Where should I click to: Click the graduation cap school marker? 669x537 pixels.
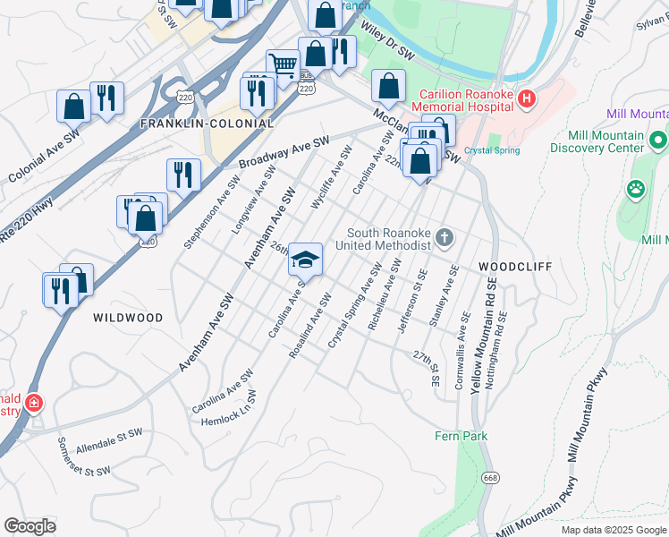click(x=305, y=260)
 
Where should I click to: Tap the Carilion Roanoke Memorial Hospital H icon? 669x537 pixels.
click(x=526, y=98)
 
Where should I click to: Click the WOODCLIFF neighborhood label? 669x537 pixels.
click(x=514, y=267)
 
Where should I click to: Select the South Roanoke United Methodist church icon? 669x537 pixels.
click(x=445, y=237)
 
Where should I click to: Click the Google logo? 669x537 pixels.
click(x=30, y=525)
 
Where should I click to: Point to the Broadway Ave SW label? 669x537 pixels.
click(x=284, y=153)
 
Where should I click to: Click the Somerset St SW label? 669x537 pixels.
click(x=83, y=456)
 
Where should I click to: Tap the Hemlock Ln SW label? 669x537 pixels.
click(x=229, y=408)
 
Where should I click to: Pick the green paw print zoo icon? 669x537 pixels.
click(x=636, y=189)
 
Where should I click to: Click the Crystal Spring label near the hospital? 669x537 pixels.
click(x=493, y=150)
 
